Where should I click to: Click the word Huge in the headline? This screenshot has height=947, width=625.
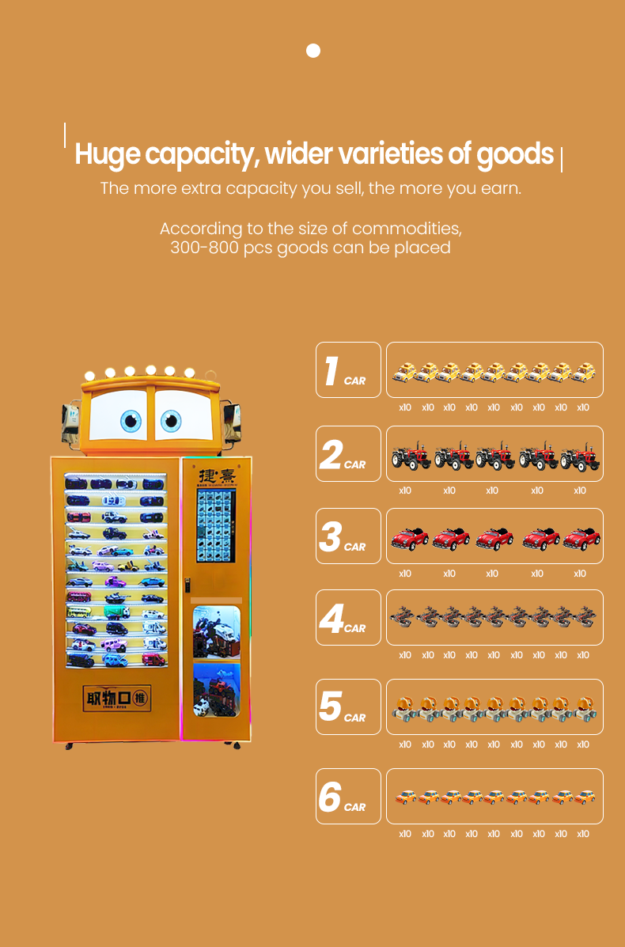click(107, 154)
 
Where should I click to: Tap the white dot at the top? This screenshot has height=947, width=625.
click(313, 51)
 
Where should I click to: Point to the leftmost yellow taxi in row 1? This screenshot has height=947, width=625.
click(404, 371)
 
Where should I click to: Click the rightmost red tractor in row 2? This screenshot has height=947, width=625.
click(580, 456)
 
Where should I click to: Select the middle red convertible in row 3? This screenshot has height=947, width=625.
click(494, 538)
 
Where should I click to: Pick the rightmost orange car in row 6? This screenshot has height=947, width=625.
click(584, 797)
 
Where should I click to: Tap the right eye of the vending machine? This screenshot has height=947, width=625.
click(171, 421)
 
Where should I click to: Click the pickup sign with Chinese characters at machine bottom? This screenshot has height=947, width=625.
click(117, 699)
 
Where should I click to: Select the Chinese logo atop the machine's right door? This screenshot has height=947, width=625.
click(215, 475)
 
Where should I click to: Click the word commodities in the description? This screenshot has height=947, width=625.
click(406, 229)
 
